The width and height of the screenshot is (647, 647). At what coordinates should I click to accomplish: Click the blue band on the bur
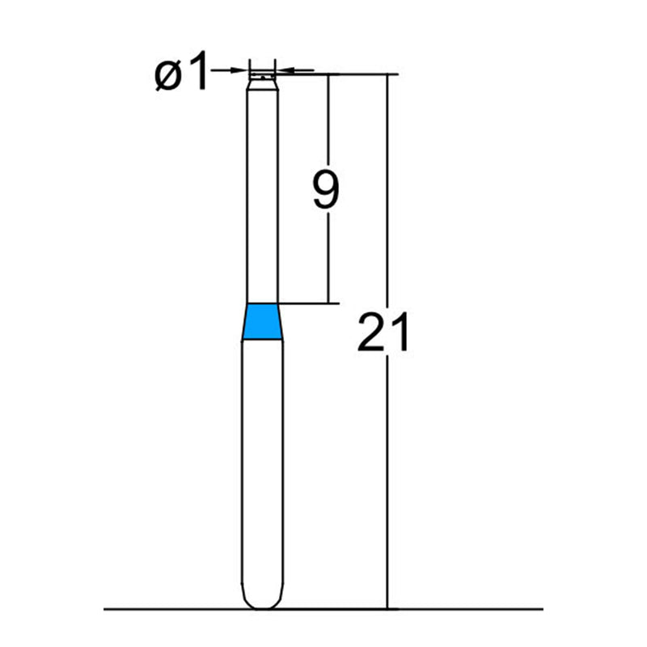263,322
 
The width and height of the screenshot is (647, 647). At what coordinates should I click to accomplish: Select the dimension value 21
384,333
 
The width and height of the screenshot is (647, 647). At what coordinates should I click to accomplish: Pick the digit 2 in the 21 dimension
371,333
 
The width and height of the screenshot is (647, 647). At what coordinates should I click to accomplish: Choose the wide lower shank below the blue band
263,469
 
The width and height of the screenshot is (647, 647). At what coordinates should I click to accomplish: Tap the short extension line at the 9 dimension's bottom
307,304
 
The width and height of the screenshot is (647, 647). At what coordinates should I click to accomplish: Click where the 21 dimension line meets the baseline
388,609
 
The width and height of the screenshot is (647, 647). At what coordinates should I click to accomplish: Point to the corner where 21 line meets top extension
388,74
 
